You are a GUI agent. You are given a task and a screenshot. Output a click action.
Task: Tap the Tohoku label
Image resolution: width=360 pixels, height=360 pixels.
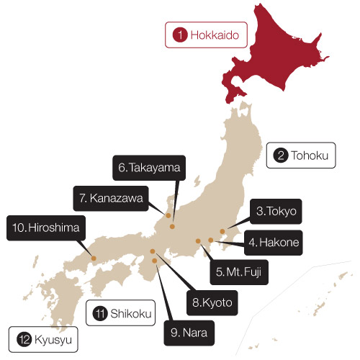click(x=301, y=155)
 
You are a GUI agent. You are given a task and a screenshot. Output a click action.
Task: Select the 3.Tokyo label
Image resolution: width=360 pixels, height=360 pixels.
click(x=276, y=212)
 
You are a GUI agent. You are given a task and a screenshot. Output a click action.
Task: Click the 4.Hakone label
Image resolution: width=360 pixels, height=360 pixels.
click(x=274, y=241)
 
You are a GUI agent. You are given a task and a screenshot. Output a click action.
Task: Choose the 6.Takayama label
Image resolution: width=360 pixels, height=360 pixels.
click(x=149, y=168)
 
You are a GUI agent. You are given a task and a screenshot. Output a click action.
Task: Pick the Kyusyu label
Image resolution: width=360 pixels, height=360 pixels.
click(x=43, y=338)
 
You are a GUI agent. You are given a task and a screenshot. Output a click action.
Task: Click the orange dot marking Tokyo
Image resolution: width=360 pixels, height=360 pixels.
click(x=222, y=232)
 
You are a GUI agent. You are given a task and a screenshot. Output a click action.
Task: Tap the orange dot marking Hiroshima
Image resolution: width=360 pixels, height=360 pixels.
click(x=93, y=257)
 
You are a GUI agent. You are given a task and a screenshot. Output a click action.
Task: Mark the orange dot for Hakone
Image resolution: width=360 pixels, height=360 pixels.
click(x=210, y=240)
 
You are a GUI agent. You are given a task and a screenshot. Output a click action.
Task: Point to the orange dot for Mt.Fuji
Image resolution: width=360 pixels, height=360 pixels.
click(x=198, y=241)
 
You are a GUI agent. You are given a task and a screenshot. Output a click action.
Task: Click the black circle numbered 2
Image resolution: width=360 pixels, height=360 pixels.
click(x=279, y=155)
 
